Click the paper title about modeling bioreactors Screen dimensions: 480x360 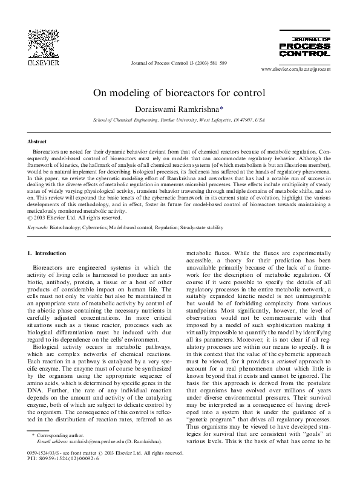(x=179, y=93)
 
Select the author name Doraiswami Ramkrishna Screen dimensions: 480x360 (x=178, y=109)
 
